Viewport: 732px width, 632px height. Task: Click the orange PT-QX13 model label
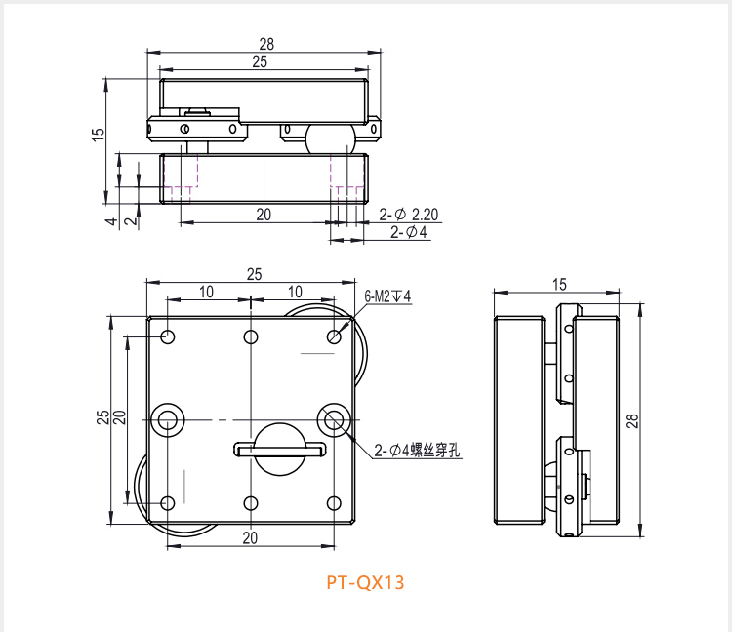point(365,582)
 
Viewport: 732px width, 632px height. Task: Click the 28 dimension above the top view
point(266,44)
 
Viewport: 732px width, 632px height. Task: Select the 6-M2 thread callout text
point(387,296)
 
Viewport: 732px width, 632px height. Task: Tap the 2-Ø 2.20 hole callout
point(409,215)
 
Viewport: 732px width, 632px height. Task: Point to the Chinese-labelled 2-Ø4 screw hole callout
point(417,450)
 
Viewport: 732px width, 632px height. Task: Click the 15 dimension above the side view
point(559,284)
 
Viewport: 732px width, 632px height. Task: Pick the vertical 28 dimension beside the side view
point(632,420)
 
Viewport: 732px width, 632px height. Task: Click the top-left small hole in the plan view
point(168,336)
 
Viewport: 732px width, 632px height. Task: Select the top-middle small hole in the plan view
point(251,336)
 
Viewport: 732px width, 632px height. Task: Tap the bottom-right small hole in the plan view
point(334,503)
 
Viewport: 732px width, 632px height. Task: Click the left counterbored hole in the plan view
point(168,420)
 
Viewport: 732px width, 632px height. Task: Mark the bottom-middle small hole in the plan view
point(251,503)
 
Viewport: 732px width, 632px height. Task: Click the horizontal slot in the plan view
point(280,450)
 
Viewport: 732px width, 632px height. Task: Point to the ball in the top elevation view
point(331,139)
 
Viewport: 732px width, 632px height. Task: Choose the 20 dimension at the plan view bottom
point(250,538)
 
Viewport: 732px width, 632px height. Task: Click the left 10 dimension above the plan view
point(206,292)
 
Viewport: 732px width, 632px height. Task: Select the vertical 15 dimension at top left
point(98,135)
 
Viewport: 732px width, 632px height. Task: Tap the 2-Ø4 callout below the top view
point(409,232)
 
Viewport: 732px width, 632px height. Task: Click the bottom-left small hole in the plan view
point(168,503)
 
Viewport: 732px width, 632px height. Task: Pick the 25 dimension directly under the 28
point(260,61)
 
